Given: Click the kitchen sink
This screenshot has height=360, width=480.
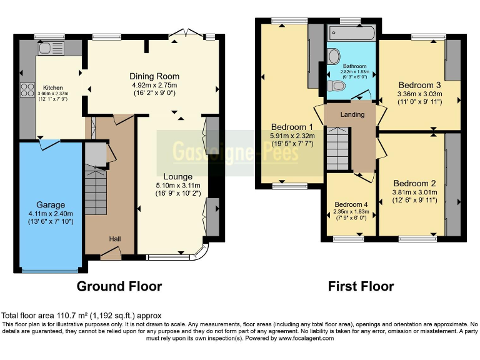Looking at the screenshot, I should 47,47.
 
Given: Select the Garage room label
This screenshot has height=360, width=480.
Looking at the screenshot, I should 50,204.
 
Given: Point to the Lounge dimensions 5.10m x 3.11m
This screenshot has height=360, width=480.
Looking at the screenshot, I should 177,185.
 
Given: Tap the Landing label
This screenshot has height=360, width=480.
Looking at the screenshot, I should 352,114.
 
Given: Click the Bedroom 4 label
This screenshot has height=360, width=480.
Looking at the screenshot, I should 351,204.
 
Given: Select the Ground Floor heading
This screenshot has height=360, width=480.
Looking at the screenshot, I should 119,286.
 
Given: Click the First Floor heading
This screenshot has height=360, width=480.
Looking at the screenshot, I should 361,286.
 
